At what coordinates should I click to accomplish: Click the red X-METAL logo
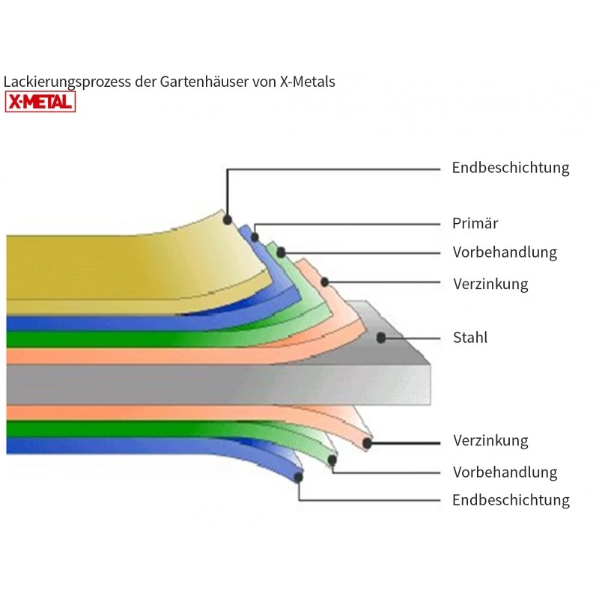[x=40, y=102]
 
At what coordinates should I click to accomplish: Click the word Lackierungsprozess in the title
[x=67, y=82]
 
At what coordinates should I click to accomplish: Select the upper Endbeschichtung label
[x=511, y=168]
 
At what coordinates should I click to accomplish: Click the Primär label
[x=475, y=223]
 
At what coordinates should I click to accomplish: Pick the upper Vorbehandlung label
[x=505, y=252]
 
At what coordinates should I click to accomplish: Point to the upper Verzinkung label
[x=490, y=284]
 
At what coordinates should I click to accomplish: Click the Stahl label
[x=470, y=338]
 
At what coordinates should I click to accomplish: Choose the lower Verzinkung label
[x=490, y=440]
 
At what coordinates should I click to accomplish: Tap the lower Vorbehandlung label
[x=505, y=472]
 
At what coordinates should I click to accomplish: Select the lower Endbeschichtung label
[x=511, y=500]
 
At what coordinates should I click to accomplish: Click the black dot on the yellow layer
[x=228, y=220]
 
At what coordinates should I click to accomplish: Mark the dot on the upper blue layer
[x=255, y=237]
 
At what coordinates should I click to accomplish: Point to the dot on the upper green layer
[x=281, y=252]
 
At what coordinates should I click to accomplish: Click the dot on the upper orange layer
[x=325, y=282]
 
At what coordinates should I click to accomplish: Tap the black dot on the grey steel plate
[x=381, y=338]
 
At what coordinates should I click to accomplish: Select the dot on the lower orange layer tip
[x=367, y=443]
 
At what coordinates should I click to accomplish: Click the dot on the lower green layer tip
[x=332, y=460]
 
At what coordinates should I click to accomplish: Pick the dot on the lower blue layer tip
[x=298, y=477]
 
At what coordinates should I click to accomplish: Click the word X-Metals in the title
[x=308, y=82]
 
